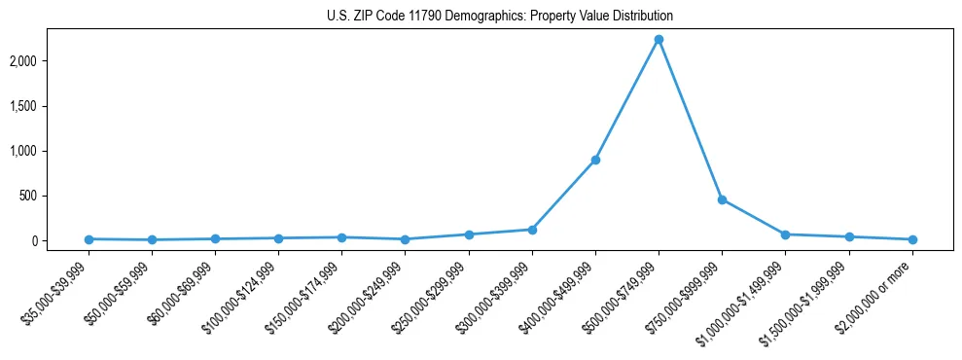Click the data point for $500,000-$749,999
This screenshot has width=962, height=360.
click(659, 40)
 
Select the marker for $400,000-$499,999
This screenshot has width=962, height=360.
click(595, 160)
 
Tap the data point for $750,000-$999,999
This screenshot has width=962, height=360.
click(722, 199)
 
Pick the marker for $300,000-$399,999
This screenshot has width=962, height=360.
click(532, 230)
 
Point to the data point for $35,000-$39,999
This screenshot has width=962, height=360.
click(89, 239)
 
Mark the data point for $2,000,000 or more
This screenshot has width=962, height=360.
click(912, 239)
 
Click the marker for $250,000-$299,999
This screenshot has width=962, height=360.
click(469, 234)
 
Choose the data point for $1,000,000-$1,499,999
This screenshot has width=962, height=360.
click(785, 234)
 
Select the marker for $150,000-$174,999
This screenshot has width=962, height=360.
click(341, 237)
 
